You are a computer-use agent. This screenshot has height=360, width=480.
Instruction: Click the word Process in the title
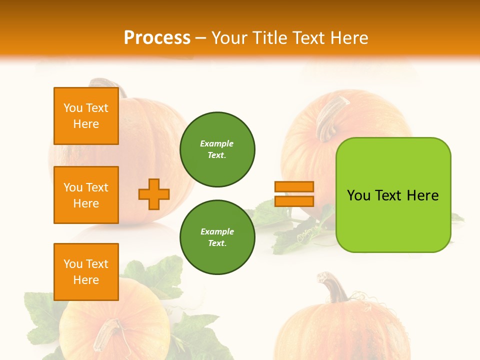point(157,38)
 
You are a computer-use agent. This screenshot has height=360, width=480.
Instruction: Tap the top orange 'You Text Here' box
point(86,116)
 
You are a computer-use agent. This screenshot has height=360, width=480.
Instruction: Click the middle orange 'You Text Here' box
point(86,195)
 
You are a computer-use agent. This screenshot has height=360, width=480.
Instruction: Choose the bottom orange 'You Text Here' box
point(86,271)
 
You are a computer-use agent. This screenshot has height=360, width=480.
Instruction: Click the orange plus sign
point(154,194)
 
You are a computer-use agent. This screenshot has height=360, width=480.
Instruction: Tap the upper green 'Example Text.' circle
point(217,149)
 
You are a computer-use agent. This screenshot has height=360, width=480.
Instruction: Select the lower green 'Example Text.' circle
point(217,237)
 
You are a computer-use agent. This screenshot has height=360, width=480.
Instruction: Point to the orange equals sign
point(294,194)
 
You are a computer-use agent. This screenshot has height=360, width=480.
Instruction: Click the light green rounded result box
point(393,195)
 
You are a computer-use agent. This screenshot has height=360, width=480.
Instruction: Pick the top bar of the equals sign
point(294,187)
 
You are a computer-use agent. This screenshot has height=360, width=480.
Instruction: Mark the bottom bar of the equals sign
point(294,201)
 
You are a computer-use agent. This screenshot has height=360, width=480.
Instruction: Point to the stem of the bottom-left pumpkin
point(107,335)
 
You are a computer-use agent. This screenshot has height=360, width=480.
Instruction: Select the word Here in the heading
point(349,38)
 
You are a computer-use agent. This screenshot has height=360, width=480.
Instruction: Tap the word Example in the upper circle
point(217,143)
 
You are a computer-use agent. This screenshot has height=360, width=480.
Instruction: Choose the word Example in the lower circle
point(217,231)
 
